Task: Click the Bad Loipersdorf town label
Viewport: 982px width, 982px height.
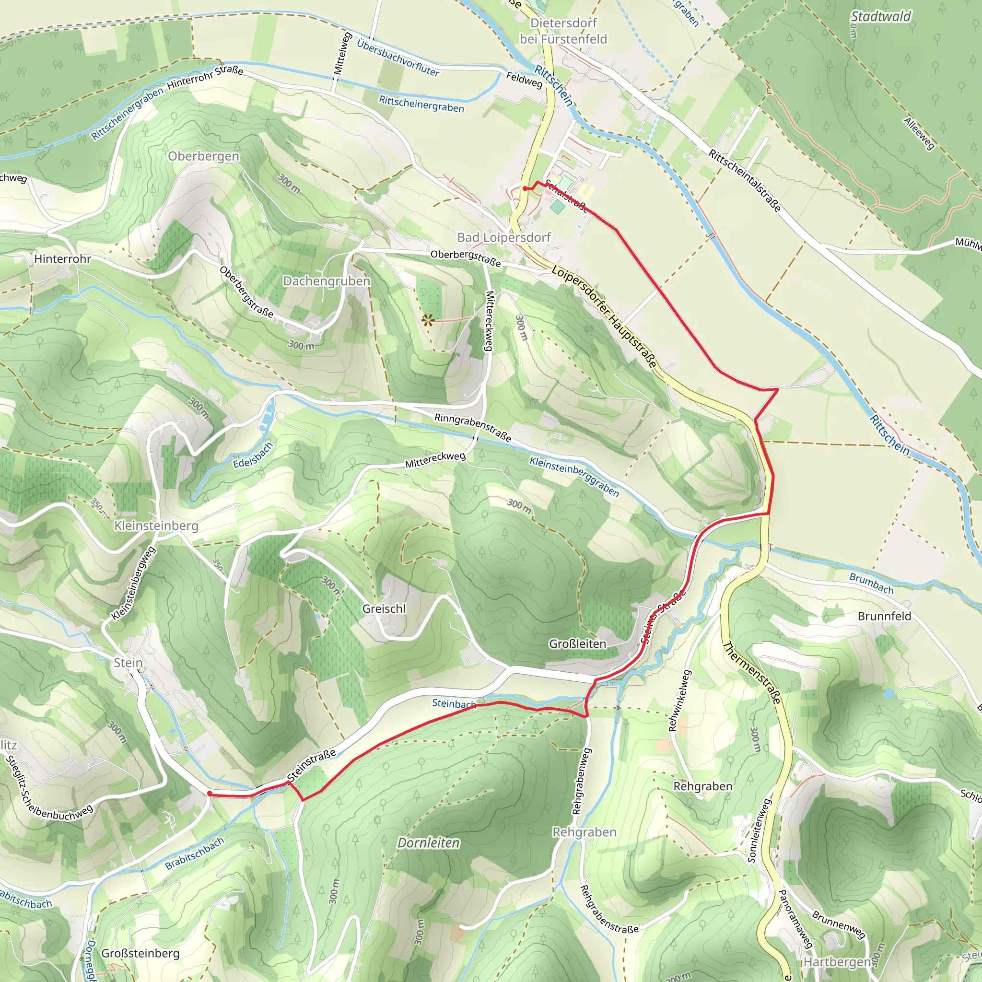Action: point(504,237)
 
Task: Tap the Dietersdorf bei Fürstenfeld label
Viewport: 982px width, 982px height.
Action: point(563,31)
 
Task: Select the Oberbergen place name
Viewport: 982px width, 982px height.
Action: point(203,156)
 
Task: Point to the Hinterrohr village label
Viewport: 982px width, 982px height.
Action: point(62,259)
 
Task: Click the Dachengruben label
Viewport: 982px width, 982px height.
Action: point(327,281)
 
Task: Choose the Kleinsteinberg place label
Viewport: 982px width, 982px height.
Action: point(156,526)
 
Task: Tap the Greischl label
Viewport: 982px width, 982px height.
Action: point(384,608)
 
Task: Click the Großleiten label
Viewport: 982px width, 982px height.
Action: point(577,643)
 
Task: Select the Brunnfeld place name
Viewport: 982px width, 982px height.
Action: point(884,616)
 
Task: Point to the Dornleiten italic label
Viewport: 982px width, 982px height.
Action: point(428,843)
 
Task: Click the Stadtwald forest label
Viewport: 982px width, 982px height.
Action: point(881,17)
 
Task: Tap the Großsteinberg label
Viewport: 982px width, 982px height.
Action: point(140,953)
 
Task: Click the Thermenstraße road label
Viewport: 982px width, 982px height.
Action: point(752,673)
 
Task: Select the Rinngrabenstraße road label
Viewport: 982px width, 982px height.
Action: point(472,427)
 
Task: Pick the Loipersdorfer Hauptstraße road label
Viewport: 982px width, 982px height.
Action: point(604,316)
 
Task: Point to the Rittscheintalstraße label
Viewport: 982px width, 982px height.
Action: point(745,180)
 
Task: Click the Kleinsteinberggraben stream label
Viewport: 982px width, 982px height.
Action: point(574,476)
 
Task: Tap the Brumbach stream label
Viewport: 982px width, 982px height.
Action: point(871,584)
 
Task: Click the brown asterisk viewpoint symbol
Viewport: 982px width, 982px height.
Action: point(427,320)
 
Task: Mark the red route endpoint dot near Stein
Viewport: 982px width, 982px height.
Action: point(210,794)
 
